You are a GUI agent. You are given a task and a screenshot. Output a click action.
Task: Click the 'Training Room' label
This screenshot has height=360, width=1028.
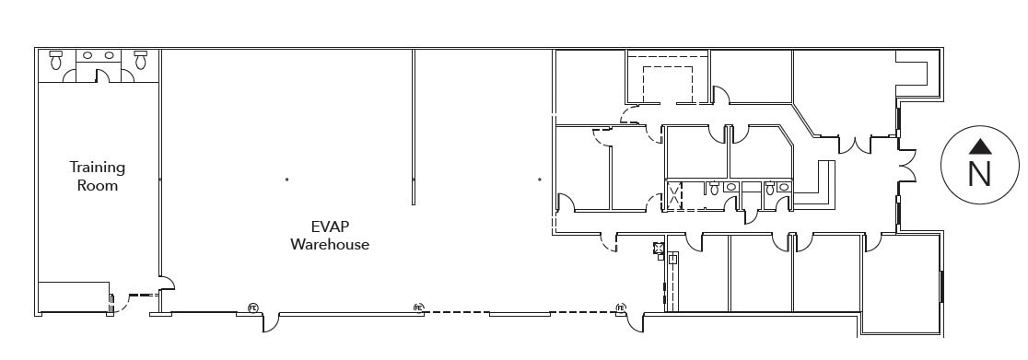click(x=98, y=176)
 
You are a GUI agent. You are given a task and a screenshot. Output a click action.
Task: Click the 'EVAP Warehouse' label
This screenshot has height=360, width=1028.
click(x=330, y=236)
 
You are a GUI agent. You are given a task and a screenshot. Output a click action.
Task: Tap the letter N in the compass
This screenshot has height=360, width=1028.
click(x=979, y=174)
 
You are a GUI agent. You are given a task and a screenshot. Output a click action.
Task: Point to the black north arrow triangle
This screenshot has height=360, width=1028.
click(x=980, y=145)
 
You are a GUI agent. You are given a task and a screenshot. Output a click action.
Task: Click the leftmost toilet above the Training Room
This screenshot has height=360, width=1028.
click(x=55, y=61)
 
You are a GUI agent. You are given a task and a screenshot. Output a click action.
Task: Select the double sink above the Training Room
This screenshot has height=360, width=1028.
click(x=98, y=56)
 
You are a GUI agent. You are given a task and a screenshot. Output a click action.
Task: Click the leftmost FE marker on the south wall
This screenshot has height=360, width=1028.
click(x=252, y=308)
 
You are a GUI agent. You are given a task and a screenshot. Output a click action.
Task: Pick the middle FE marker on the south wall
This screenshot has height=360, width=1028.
click(x=418, y=308)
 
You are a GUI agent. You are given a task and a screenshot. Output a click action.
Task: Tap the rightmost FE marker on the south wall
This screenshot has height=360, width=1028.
click(x=621, y=308)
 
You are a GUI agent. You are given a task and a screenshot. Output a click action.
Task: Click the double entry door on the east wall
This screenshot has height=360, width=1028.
click(x=907, y=166)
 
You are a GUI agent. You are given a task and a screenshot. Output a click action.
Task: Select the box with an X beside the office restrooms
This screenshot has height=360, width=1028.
click(x=674, y=195)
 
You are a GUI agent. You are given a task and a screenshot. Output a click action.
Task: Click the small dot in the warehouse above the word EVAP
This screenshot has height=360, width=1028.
click(x=286, y=179)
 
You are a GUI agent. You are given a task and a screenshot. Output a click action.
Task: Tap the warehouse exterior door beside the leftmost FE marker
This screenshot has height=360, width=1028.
click(x=270, y=323)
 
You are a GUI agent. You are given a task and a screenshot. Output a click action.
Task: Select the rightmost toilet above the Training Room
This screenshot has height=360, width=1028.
click(x=140, y=61)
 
